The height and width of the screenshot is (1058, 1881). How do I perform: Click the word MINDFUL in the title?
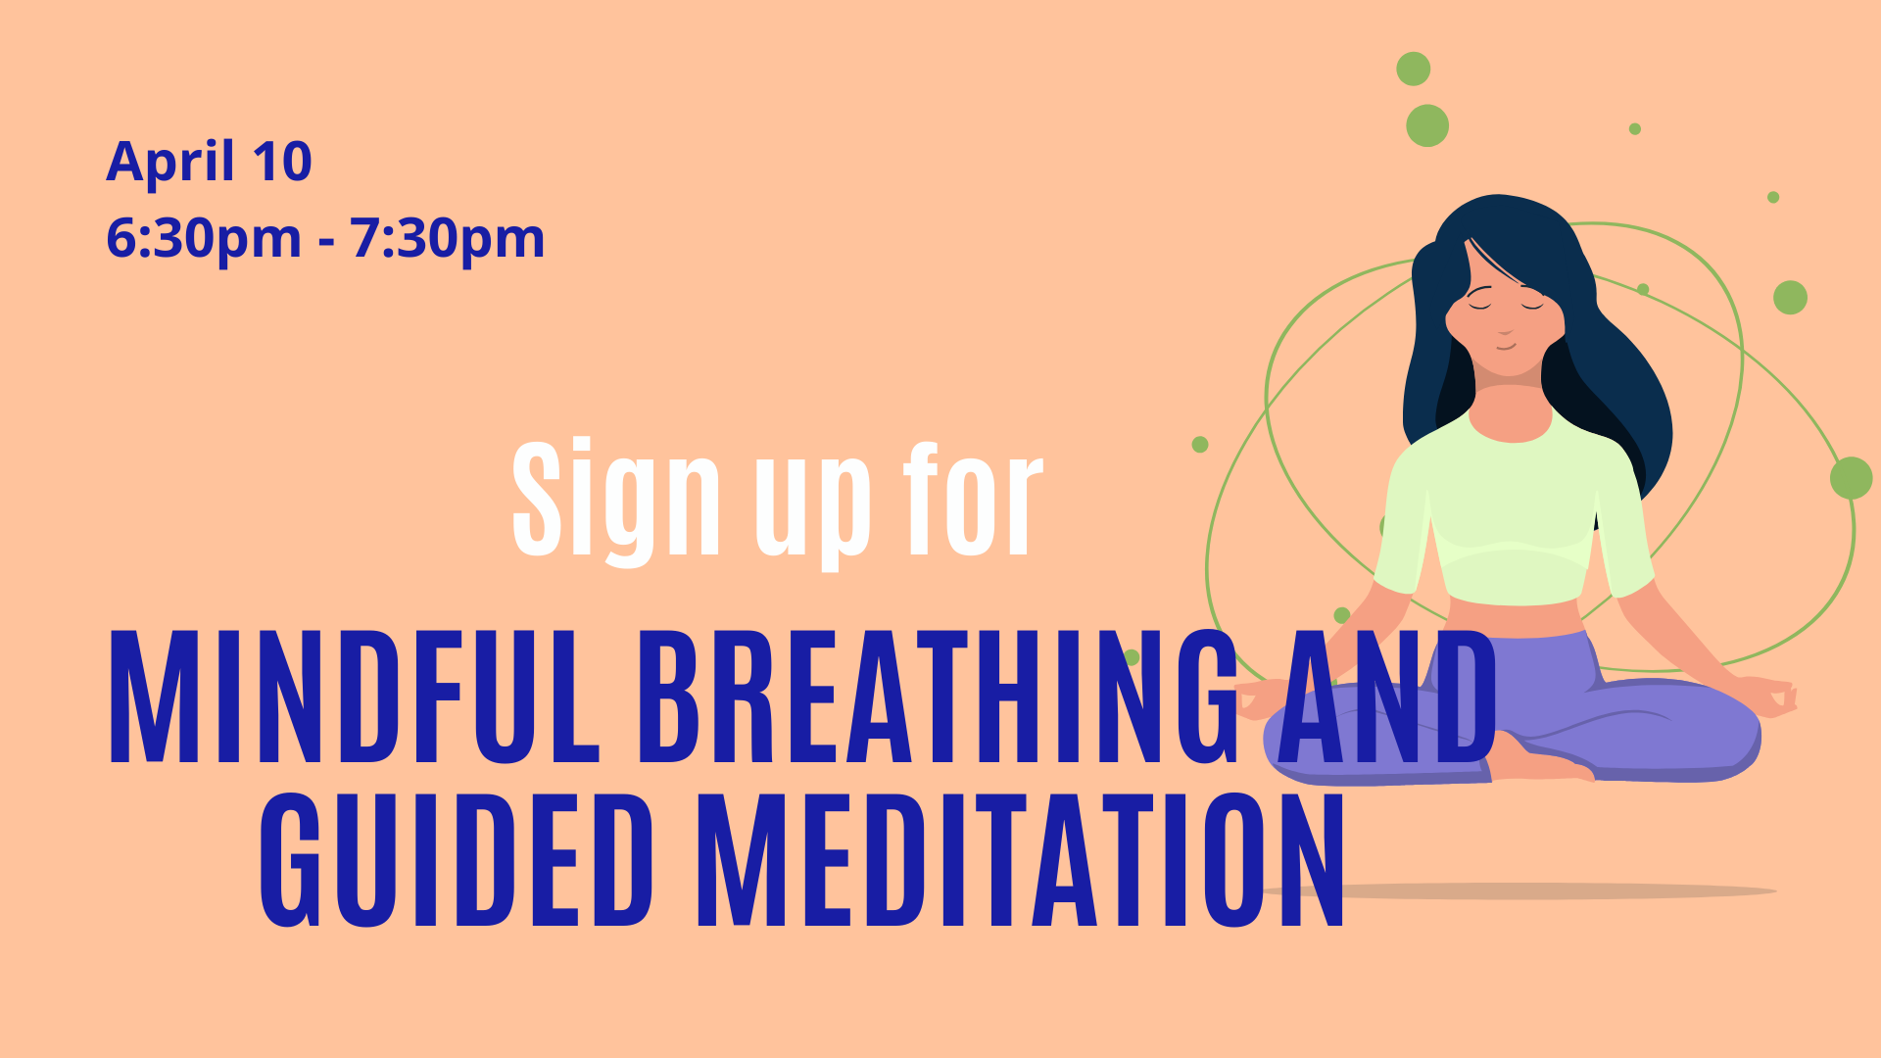(354, 697)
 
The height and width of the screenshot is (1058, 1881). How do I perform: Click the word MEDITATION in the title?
(1020, 860)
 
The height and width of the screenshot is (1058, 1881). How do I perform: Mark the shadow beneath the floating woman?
(1519, 891)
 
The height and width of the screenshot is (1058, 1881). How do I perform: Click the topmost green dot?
(1413, 70)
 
